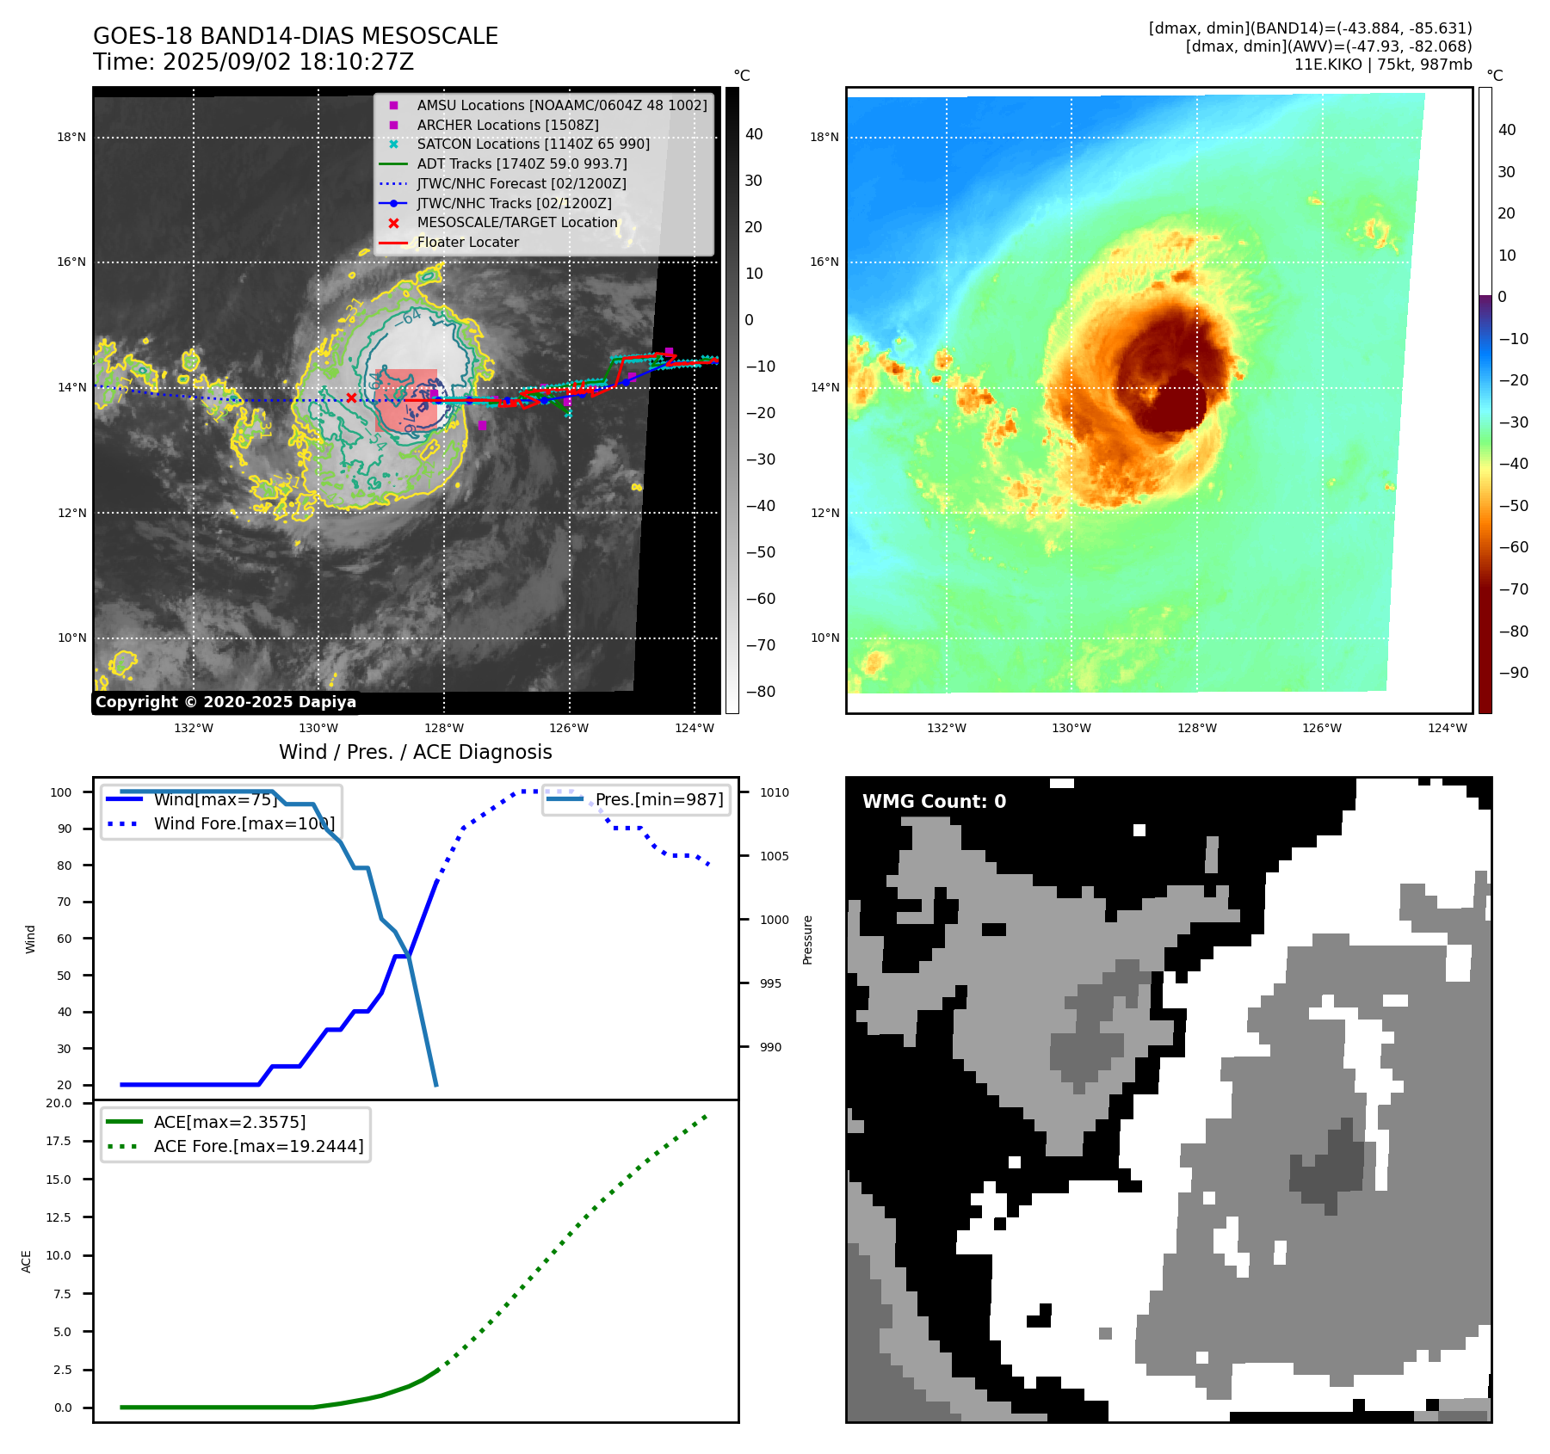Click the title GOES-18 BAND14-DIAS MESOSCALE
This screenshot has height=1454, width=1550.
295,36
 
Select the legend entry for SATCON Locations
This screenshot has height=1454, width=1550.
533,144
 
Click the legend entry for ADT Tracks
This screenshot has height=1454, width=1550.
522,163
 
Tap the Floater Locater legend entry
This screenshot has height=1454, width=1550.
467,243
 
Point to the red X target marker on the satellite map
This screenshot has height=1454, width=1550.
351,397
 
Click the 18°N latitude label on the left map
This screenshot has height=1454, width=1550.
71,137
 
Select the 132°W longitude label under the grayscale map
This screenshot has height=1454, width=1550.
194,728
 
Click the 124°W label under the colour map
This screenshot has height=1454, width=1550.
1447,728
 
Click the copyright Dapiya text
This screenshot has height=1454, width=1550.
225,702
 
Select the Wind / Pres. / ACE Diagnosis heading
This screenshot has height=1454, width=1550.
415,752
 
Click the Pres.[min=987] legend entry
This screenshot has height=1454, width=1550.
659,799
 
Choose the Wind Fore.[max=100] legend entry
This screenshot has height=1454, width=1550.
244,823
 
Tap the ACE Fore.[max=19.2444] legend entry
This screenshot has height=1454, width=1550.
258,1146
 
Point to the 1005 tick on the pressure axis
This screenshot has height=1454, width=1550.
774,856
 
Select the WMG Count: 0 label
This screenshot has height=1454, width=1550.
934,802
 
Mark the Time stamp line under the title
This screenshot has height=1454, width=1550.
253,62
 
